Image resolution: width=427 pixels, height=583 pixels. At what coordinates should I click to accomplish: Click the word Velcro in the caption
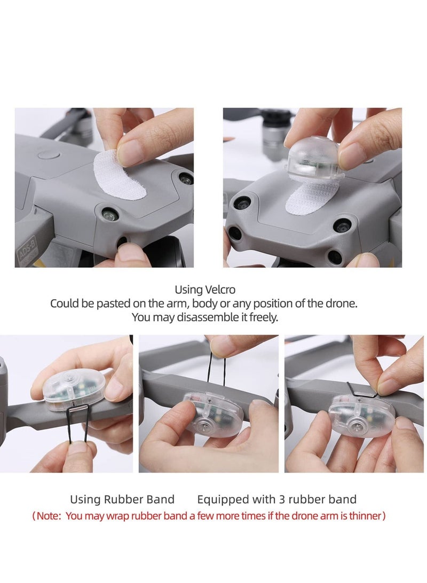[x=220, y=289]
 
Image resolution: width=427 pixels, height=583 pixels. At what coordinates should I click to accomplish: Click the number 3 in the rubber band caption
[x=282, y=499]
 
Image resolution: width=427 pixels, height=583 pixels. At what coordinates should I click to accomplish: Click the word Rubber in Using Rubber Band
[x=120, y=499]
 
